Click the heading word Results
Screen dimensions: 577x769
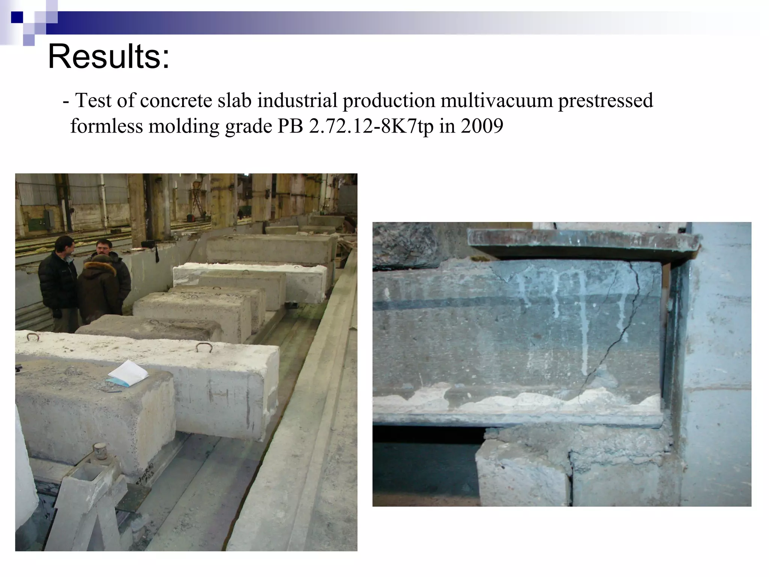[x=109, y=57]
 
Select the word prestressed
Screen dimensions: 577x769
[x=605, y=101]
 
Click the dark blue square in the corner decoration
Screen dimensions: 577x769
[x=17, y=17]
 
